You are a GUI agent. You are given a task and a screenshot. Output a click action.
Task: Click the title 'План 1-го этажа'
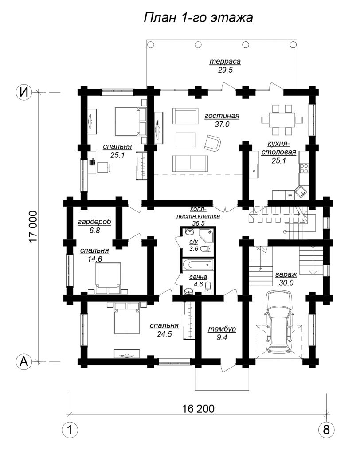pos(198,18)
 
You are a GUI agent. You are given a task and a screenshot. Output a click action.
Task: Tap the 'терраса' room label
pos(225,61)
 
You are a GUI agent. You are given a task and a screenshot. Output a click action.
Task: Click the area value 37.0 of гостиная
pos(222,124)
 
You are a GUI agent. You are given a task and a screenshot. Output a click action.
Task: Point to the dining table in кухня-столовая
pos(282,120)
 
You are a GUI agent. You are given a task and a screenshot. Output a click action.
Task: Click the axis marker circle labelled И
pos(24,92)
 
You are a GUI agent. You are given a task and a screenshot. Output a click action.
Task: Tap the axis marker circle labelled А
pos(24,361)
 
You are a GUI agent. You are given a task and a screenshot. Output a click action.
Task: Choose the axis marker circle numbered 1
pos(70,430)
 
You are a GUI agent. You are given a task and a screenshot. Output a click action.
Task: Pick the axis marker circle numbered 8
pos(326,430)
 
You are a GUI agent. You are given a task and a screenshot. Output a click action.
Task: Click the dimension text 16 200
pos(198,409)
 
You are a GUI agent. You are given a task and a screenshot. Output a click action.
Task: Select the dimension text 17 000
pos(33,227)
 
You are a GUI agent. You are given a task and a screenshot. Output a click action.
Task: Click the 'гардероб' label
pos(94,222)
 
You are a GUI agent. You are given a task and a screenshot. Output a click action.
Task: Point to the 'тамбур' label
pos(222,329)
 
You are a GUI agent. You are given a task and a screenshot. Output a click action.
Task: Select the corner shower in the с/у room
pos(207,235)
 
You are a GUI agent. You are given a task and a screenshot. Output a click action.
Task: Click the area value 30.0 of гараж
pos(286,282)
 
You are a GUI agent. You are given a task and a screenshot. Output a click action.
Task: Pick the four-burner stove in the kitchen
pos(304,168)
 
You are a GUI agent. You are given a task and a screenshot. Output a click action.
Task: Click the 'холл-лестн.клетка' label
pos(198,212)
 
